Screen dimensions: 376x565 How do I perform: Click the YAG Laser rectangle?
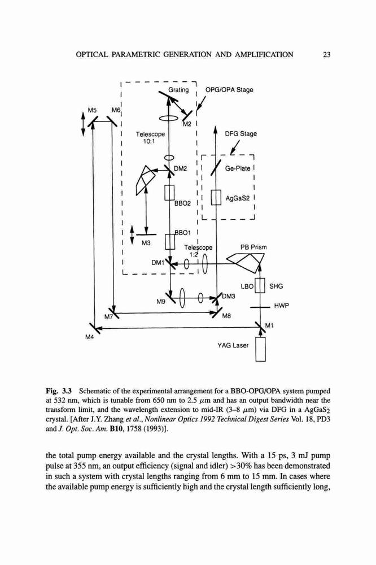(260, 349)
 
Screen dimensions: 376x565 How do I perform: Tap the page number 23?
(327, 55)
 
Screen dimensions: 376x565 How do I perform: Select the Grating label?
(178, 90)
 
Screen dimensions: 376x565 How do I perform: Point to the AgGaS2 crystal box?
(216, 198)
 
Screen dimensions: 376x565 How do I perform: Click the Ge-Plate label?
(237, 168)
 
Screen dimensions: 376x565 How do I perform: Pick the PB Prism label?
(253, 247)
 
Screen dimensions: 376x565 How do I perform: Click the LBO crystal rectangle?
(260, 286)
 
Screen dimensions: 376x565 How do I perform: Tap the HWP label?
(281, 306)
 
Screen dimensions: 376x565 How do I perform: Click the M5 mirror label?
(93, 110)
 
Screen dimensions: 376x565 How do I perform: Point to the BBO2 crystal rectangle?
(169, 193)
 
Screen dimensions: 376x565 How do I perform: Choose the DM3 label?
(228, 296)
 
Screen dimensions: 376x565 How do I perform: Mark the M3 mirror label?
(146, 243)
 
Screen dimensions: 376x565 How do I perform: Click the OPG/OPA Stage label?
(229, 90)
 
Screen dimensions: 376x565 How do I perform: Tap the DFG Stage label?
(241, 134)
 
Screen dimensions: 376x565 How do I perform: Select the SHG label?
(276, 286)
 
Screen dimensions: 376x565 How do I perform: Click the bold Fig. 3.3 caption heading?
(59, 390)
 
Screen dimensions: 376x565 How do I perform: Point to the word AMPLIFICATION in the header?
(264, 55)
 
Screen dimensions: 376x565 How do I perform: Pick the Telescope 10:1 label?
(150, 137)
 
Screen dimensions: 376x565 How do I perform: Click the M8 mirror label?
(226, 316)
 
